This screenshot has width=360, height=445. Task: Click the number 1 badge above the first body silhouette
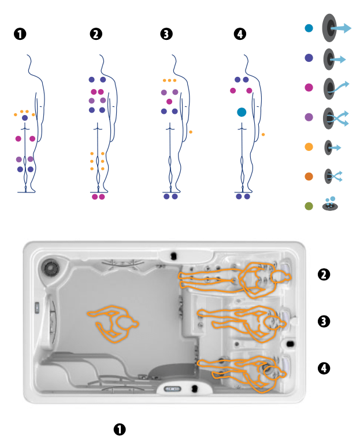coord(20,34)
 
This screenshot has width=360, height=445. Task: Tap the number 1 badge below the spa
coord(119,429)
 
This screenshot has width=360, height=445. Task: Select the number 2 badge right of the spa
coord(324,274)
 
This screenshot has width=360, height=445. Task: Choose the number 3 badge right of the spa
coord(324,321)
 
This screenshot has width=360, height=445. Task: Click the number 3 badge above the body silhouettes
coord(166,34)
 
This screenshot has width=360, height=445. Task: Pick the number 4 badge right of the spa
coord(324,368)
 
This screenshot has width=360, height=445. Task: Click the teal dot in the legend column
coord(309,28)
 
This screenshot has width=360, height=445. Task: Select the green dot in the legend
coord(309,205)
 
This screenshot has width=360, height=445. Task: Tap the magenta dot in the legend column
coord(309,87)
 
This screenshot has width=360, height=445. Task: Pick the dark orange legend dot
coord(309,176)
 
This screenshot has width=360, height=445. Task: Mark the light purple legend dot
coord(309,117)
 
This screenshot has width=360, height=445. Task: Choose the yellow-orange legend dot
coord(309,147)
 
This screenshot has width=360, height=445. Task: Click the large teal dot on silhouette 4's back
coord(242,112)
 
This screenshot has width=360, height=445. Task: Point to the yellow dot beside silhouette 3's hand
coord(191,132)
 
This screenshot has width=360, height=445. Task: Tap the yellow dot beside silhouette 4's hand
coord(263,135)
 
